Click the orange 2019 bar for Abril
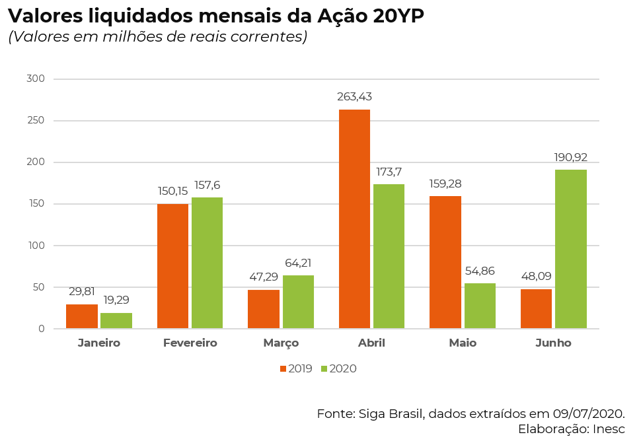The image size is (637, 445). point(354,219)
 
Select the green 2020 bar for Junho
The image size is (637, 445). point(571,249)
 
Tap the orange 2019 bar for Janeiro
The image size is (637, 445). point(82,316)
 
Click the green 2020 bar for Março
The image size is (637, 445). point(298,302)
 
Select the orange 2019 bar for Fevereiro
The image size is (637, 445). point(172,266)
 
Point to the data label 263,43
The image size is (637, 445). point(354,97)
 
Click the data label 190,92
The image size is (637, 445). point(571,157)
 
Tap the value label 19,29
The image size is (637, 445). point(116,300)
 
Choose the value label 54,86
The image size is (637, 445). point(480,271)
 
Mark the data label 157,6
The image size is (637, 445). point(207,185)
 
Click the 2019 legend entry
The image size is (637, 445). point(295,368)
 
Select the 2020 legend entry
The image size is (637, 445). point(338,368)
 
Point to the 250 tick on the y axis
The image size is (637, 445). point(36,121)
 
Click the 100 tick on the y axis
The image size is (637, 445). point(36,246)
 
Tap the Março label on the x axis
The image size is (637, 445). point(281,343)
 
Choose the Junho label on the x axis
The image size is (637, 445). point(553,343)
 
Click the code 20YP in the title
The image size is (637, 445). point(398,16)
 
